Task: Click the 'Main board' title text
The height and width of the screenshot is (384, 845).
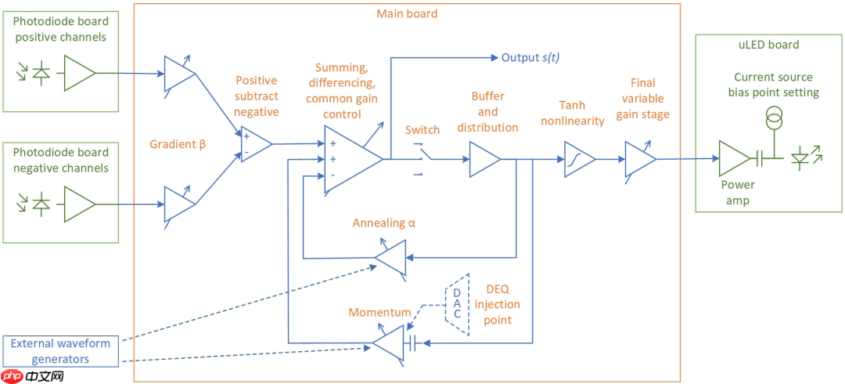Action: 407,13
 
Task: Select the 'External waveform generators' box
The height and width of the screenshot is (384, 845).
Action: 60,351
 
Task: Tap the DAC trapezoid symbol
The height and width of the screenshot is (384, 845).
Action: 456,304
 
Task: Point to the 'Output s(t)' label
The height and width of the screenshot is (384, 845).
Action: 530,58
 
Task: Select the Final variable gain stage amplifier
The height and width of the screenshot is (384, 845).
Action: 639,159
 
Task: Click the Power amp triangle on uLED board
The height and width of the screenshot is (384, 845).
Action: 733,159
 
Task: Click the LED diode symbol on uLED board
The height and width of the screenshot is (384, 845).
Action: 801,159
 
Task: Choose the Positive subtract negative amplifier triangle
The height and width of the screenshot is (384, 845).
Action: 255,144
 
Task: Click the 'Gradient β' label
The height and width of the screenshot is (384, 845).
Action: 177,143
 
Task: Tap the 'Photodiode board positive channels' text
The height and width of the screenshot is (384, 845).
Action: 60,31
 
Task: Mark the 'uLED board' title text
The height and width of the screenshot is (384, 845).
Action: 769,45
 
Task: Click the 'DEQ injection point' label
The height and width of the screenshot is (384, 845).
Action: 498,304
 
